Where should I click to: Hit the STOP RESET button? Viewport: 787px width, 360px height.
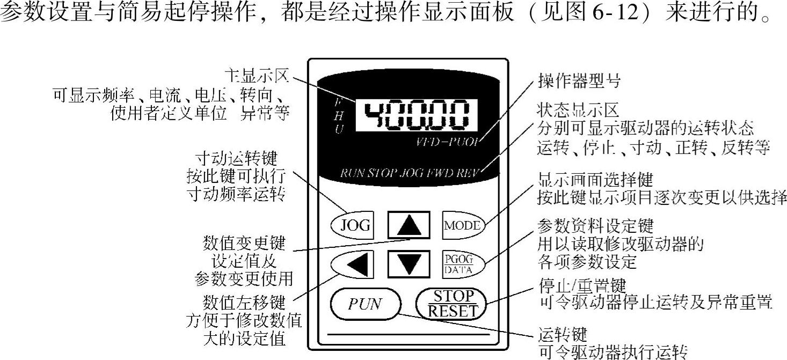pos(454,304)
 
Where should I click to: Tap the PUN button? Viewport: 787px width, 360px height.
pos(365,304)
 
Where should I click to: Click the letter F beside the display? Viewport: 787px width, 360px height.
pos(338,101)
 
